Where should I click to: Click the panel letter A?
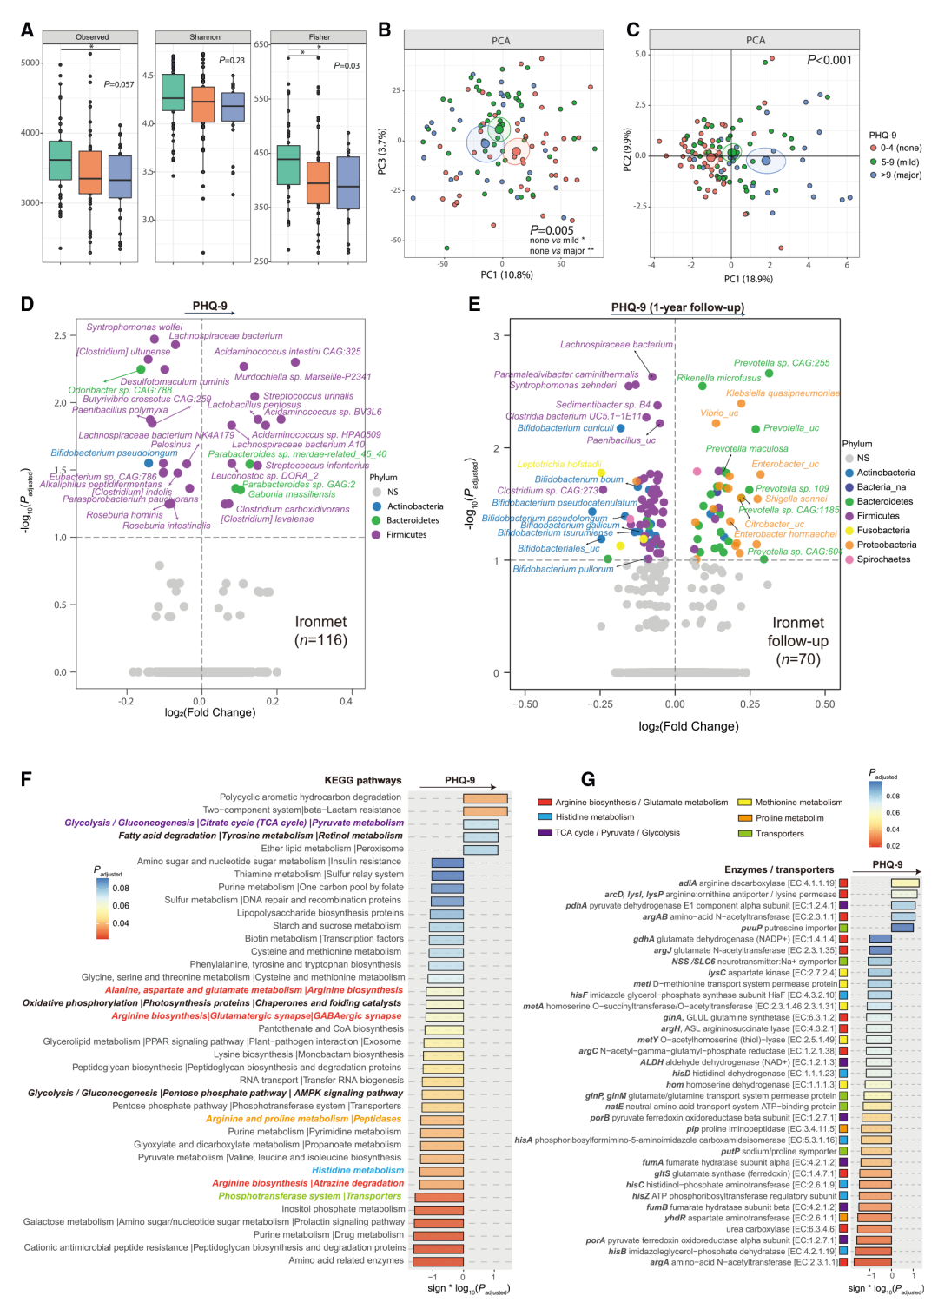coord(27,30)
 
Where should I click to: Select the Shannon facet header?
coord(205,37)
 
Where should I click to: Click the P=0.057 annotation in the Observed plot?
coord(119,84)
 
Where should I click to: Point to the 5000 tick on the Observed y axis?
coord(30,63)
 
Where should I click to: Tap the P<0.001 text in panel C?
coord(829,60)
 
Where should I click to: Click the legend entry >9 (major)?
coord(895,175)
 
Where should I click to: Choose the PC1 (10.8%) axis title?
coord(507,275)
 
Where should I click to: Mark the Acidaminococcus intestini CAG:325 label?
coord(287,352)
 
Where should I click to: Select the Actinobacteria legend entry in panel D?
coord(414,506)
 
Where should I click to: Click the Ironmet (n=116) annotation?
coord(320,631)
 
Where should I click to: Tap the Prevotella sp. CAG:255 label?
coord(782,363)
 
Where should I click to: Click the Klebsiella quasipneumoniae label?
coord(783,393)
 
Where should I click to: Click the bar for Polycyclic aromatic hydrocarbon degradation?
coord(485,798)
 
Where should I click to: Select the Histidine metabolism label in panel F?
coord(358,1170)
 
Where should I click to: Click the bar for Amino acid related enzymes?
coord(438,1261)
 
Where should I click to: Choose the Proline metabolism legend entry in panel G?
coord(789,818)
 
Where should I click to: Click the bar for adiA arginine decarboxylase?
coord(904,883)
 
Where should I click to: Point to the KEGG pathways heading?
coord(363,780)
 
